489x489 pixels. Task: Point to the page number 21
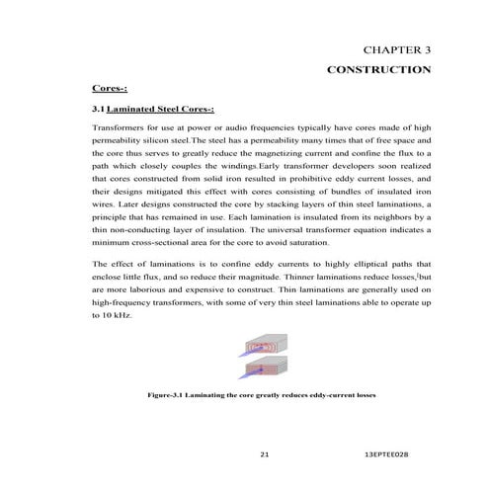tap(264, 455)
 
